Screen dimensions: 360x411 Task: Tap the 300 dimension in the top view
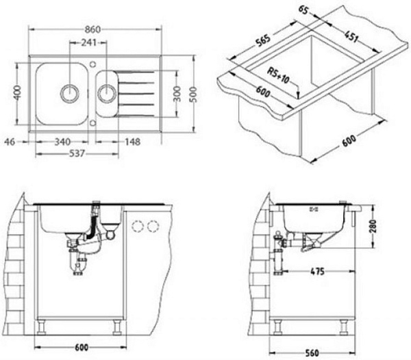(177, 94)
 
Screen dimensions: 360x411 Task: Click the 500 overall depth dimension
(193, 92)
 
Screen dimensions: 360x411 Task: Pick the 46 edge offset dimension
(10, 142)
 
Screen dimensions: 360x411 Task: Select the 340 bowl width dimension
(63, 142)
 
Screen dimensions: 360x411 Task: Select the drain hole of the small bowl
(107, 92)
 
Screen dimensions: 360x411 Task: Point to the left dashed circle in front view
(137, 227)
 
